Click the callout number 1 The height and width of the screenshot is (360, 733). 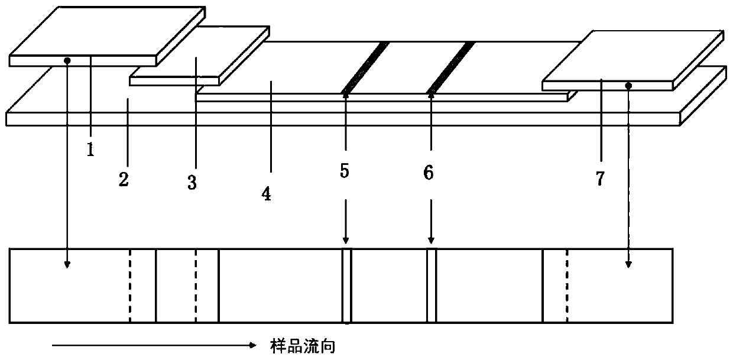(x=90, y=150)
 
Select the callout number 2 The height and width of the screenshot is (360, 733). (x=123, y=179)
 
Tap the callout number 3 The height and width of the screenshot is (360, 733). (x=192, y=183)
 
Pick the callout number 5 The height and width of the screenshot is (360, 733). (x=345, y=172)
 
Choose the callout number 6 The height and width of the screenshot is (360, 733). (x=429, y=173)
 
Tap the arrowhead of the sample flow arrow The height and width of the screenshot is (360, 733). (x=252, y=345)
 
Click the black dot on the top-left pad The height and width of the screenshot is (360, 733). (x=68, y=60)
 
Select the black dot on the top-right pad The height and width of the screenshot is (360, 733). (x=629, y=86)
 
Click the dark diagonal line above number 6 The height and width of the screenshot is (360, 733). (x=450, y=66)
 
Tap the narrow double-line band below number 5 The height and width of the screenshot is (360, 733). (x=347, y=286)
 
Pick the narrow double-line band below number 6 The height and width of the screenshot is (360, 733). (x=432, y=286)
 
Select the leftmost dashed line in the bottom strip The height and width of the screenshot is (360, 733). (x=130, y=286)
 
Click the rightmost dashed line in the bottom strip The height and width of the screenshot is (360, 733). (x=567, y=286)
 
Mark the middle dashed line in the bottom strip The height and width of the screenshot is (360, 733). (x=196, y=286)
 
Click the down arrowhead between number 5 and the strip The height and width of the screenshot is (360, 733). (x=346, y=240)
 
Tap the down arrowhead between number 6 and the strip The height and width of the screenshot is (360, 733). (x=431, y=240)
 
